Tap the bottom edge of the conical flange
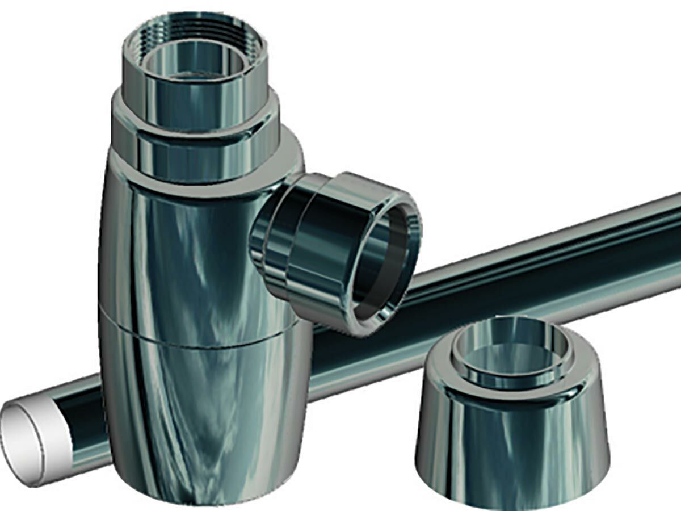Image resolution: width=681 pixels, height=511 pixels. point(511,500)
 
